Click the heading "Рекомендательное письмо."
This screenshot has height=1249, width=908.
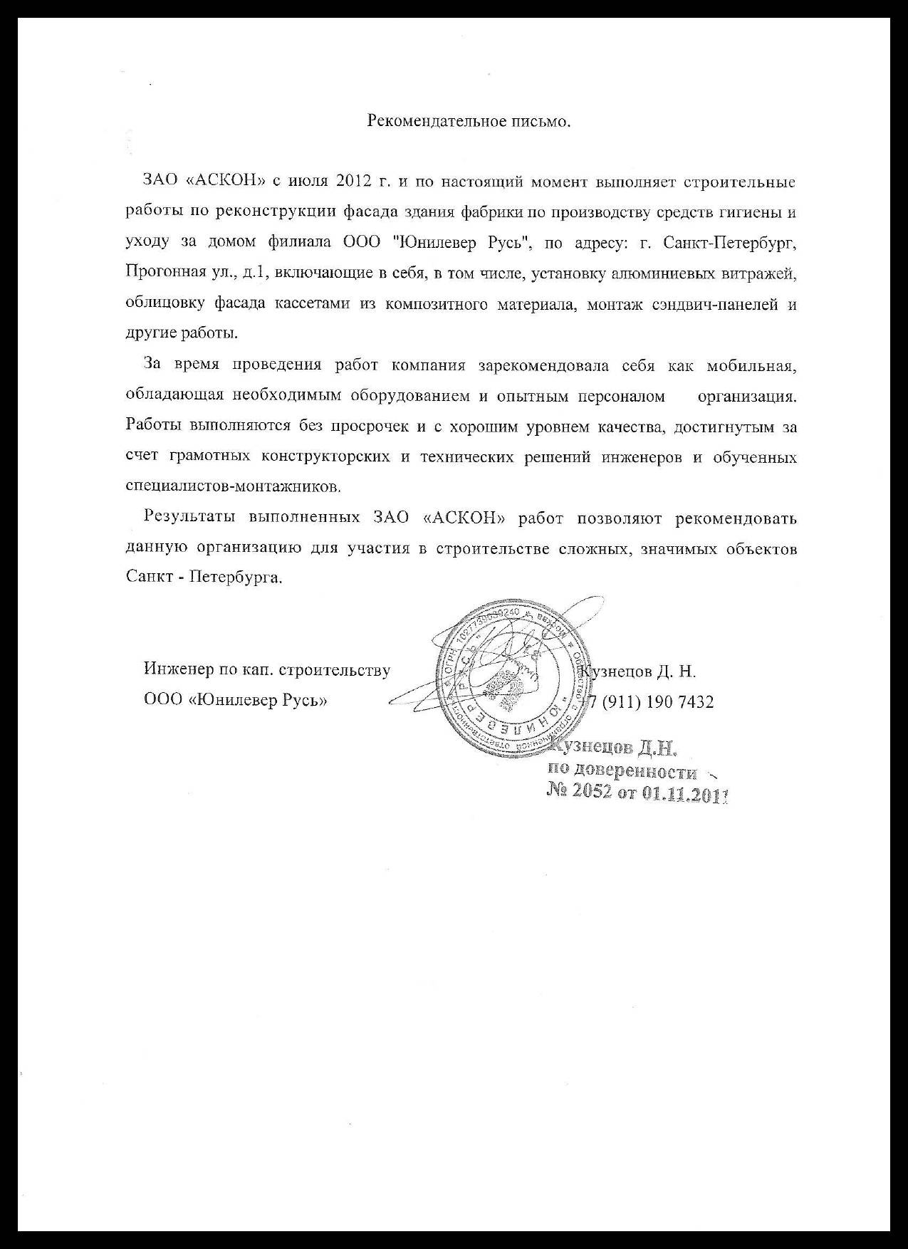(469, 121)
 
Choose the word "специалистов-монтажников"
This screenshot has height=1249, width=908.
(232, 487)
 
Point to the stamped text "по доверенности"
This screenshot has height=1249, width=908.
(621, 770)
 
